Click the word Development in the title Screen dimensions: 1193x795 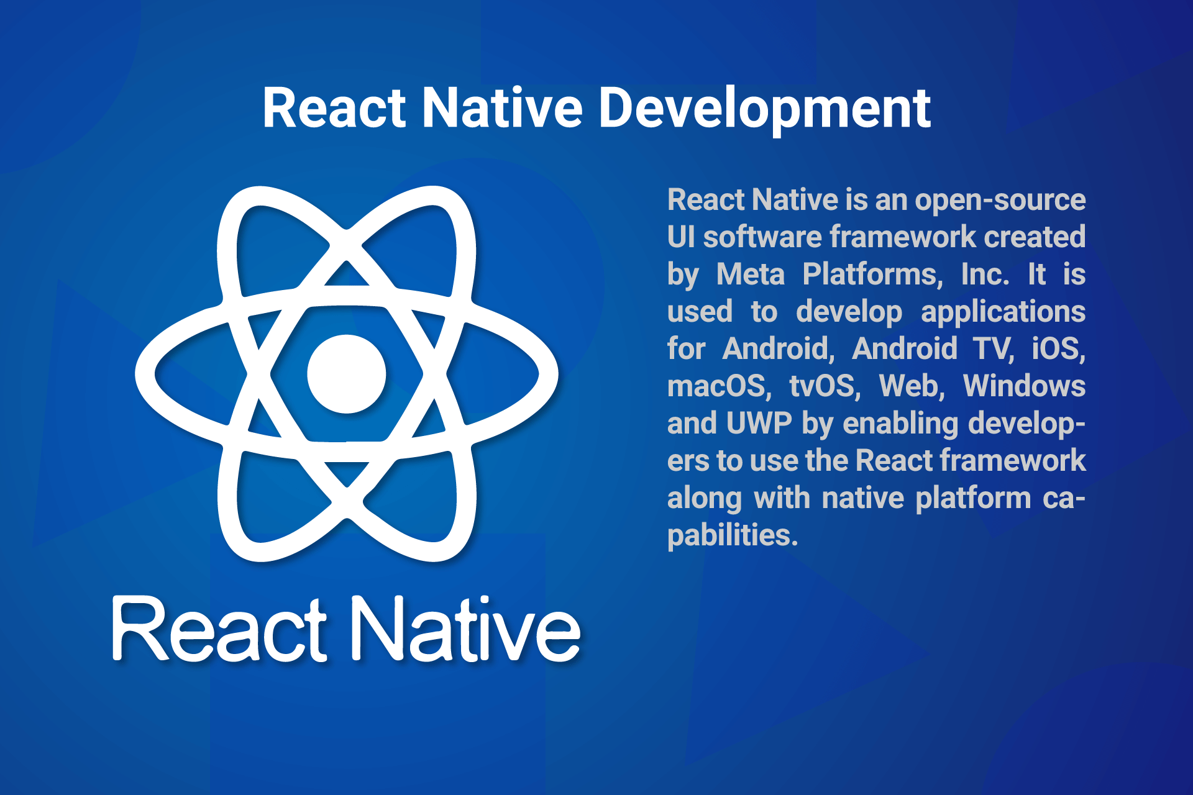point(764,109)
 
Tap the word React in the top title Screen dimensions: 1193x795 point(334,109)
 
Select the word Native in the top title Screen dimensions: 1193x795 point(502,109)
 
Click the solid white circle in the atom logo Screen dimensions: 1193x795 point(347,374)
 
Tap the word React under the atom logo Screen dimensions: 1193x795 point(219,629)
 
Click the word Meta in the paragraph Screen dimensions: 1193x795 point(751,275)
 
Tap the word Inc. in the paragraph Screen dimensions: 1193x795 point(985,275)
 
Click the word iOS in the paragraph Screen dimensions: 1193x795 point(1059,349)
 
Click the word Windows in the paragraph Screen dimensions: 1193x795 point(1025,386)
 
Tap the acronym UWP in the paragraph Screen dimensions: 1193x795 point(759,424)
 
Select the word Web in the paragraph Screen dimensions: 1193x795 point(912,386)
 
